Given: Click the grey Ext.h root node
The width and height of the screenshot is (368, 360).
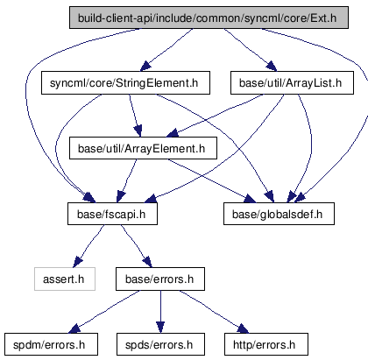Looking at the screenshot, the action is [x=209, y=18].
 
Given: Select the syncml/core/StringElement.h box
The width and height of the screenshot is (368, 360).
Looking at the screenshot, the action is [x=125, y=83].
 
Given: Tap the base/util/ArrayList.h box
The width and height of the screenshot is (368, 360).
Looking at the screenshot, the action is [x=292, y=83].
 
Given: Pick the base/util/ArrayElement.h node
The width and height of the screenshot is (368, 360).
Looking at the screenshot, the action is [x=143, y=148].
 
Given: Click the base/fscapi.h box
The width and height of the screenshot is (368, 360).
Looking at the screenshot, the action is [x=112, y=214].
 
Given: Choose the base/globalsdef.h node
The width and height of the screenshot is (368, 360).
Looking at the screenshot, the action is [x=279, y=214].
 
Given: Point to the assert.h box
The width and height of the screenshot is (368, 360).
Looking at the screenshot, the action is [x=65, y=279].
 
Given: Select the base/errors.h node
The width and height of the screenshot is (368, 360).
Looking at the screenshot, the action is [x=160, y=279].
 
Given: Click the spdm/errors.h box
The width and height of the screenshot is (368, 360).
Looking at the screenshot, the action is [x=51, y=344].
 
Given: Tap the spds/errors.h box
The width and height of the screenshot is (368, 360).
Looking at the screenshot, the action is [x=160, y=344].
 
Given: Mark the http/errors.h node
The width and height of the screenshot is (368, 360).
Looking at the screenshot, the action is [x=266, y=344].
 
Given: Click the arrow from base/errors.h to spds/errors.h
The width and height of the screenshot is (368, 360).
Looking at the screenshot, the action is [x=160, y=312].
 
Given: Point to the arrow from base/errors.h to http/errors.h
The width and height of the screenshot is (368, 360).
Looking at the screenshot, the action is [x=213, y=311].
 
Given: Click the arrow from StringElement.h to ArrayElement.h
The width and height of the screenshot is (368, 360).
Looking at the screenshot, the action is [x=135, y=116].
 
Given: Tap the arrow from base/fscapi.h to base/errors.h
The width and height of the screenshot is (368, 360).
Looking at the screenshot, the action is [x=137, y=246].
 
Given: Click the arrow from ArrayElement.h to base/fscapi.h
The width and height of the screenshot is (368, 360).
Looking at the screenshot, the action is [x=126, y=181].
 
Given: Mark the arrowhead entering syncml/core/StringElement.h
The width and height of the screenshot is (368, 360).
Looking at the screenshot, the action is [x=146, y=67].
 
